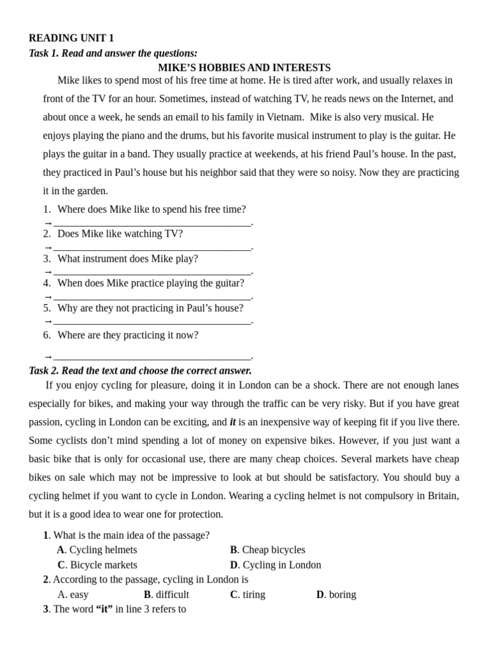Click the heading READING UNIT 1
(x=71, y=38)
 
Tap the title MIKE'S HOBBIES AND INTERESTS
(x=244, y=67)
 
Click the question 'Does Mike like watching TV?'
(x=120, y=234)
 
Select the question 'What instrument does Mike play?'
(x=127, y=259)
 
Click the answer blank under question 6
(x=152, y=356)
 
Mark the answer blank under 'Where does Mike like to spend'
(x=152, y=223)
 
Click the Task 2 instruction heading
(x=140, y=371)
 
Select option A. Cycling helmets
(x=97, y=549)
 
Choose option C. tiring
(x=248, y=595)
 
